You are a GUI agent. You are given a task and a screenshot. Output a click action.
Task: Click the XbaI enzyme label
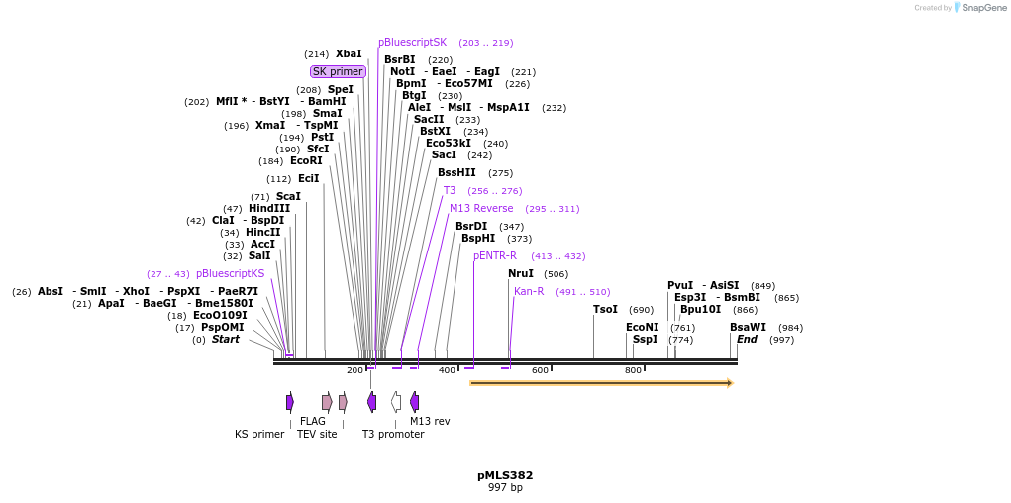(349, 54)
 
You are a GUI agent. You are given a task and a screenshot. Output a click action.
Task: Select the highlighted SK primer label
(338, 71)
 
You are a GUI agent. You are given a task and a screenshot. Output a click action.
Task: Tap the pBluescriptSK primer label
(412, 43)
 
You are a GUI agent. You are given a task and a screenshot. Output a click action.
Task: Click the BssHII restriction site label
(456, 173)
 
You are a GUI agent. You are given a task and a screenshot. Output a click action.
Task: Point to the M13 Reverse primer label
(481, 209)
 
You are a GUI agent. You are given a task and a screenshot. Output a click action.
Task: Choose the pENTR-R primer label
(495, 256)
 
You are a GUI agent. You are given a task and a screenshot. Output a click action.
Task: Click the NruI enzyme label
(521, 274)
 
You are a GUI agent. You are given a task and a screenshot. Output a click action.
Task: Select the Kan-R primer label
(529, 292)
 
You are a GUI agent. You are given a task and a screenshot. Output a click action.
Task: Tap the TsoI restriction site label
(605, 310)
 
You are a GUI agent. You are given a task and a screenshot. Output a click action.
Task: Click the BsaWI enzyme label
(748, 328)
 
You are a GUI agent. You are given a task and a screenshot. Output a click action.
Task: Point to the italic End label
(747, 340)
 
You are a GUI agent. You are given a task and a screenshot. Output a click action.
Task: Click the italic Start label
(226, 340)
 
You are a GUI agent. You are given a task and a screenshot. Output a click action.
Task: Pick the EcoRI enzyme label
(306, 161)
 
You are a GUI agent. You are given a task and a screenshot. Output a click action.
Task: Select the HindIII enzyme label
(269, 209)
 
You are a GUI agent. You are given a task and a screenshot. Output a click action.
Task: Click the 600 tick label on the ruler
(540, 370)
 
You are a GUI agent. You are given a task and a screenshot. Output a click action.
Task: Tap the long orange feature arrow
(600, 383)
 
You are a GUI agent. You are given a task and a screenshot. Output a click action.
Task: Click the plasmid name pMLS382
(505, 475)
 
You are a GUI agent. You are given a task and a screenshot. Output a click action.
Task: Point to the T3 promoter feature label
(393, 434)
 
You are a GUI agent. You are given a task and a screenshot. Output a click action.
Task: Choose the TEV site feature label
(317, 434)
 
